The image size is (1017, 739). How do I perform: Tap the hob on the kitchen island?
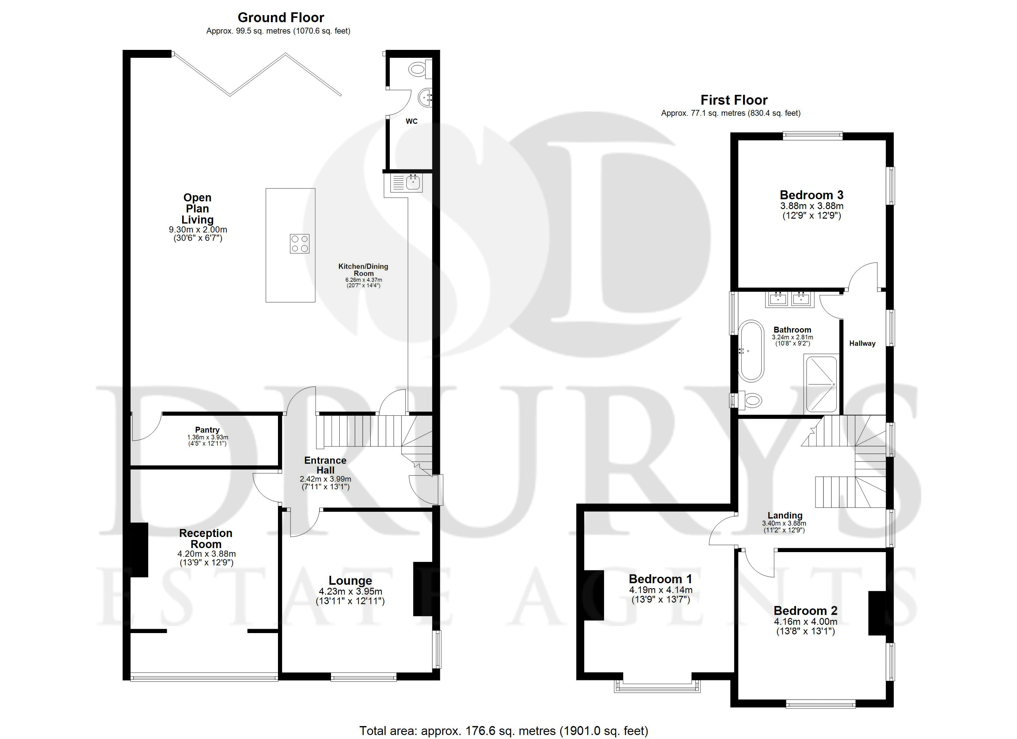pos(300,244)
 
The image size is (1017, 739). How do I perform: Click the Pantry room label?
pos(207,430)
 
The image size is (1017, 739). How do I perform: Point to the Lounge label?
pos(350,581)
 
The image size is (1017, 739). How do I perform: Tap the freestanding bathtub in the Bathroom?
pos(751,351)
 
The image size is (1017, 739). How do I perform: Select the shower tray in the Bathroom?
pos(821,384)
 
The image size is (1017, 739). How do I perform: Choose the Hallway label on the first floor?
pos(862,344)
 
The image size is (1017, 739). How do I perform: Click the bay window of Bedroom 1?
pos(657,687)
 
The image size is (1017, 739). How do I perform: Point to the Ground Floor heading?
pos(281,18)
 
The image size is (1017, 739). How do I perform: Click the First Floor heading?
pos(734,100)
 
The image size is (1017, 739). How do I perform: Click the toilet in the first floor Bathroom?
pos(748,400)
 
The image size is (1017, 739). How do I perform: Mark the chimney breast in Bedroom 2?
pos(877,613)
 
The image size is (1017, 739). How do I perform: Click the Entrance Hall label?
pos(325,465)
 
